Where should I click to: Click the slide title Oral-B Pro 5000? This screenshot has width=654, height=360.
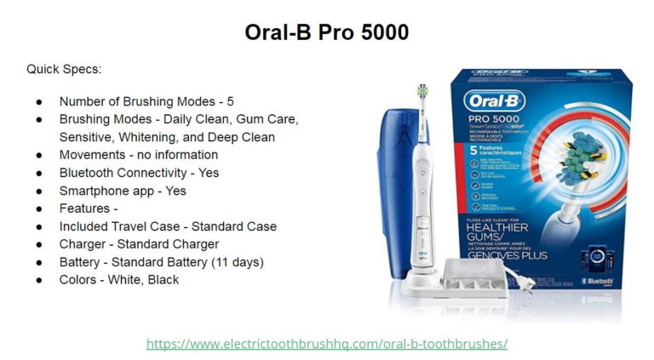click(327, 32)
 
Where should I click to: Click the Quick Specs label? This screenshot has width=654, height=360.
click(64, 69)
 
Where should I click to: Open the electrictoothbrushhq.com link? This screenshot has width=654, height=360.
click(327, 344)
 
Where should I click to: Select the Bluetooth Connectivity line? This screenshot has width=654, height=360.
click(139, 173)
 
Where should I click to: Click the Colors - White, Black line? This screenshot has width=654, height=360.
click(118, 279)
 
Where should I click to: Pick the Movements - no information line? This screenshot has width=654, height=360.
click(138, 155)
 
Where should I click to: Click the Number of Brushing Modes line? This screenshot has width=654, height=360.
click(146, 101)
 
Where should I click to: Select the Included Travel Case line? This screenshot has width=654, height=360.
click(167, 226)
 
